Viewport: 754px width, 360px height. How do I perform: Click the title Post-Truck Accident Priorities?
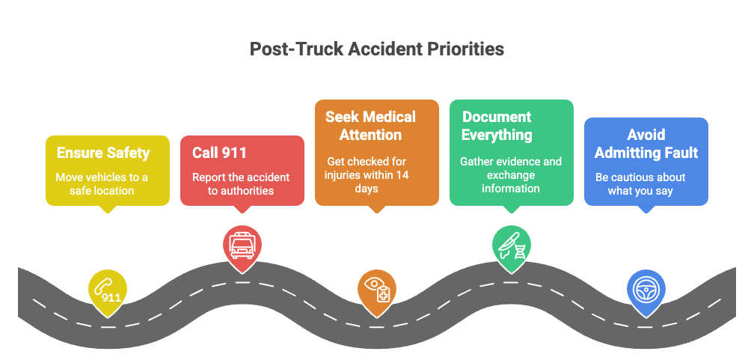click(x=376, y=49)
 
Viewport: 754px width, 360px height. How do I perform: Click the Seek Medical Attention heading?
click(x=370, y=126)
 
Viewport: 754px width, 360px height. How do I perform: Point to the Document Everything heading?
click(x=497, y=126)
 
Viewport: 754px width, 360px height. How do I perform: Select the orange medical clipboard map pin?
click(x=376, y=290)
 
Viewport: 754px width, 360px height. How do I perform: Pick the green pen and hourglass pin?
click(x=511, y=246)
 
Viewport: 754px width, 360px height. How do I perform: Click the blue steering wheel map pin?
click(x=645, y=290)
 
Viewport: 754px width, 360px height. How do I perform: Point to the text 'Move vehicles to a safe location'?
click(x=102, y=184)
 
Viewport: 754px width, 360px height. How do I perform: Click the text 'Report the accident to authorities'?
click(x=241, y=184)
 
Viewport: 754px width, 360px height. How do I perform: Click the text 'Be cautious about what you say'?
click(x=640, y=184)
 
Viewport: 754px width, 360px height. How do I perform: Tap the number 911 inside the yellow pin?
click(x=111, y=297)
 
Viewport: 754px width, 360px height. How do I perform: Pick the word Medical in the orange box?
click(x=388, y=117)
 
